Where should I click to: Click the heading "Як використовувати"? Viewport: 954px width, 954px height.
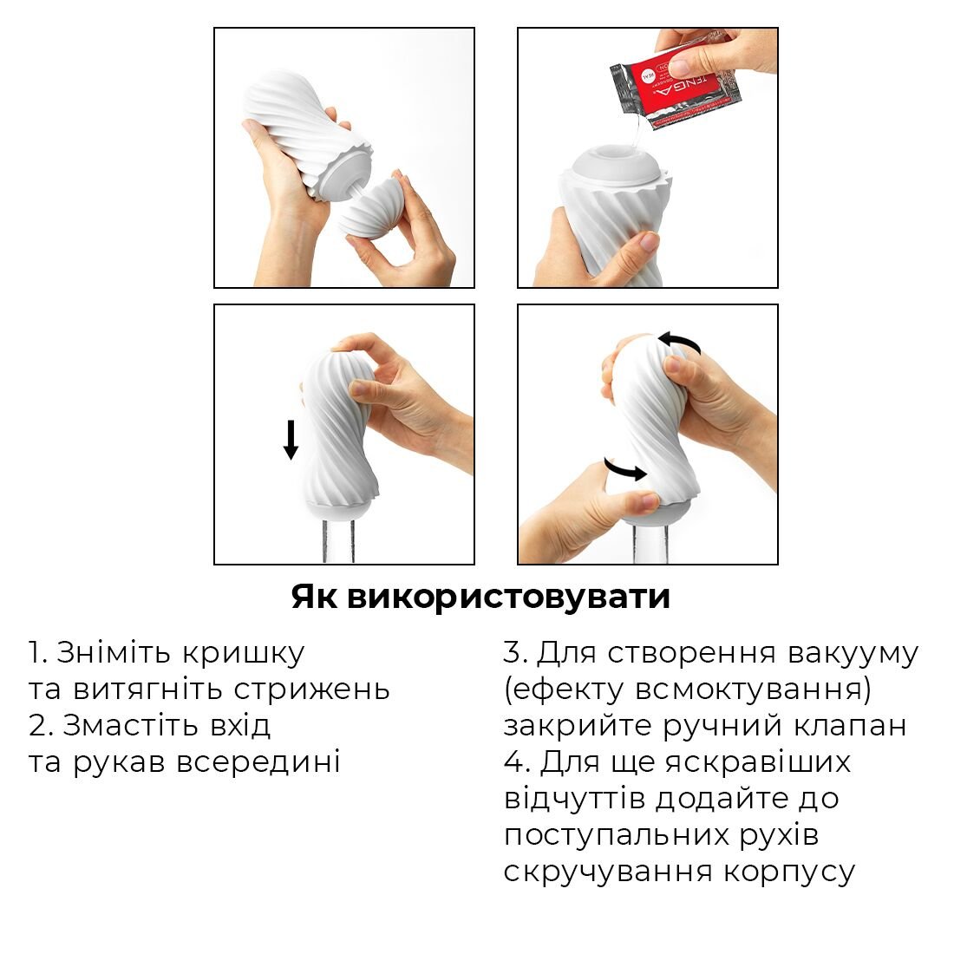[x=480, y=598]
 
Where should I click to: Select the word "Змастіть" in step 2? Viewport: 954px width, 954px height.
[x=167, y=725]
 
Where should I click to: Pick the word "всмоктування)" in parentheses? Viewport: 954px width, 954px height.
[x=753, y=689]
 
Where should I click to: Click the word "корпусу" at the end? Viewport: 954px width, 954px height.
[x=789, y=872]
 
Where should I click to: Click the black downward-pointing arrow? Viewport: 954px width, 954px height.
[x=291, y=440]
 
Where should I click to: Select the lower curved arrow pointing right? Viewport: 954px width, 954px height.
[x=624, y=469]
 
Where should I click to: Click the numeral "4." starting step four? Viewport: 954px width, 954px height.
[x=518, y=762]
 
